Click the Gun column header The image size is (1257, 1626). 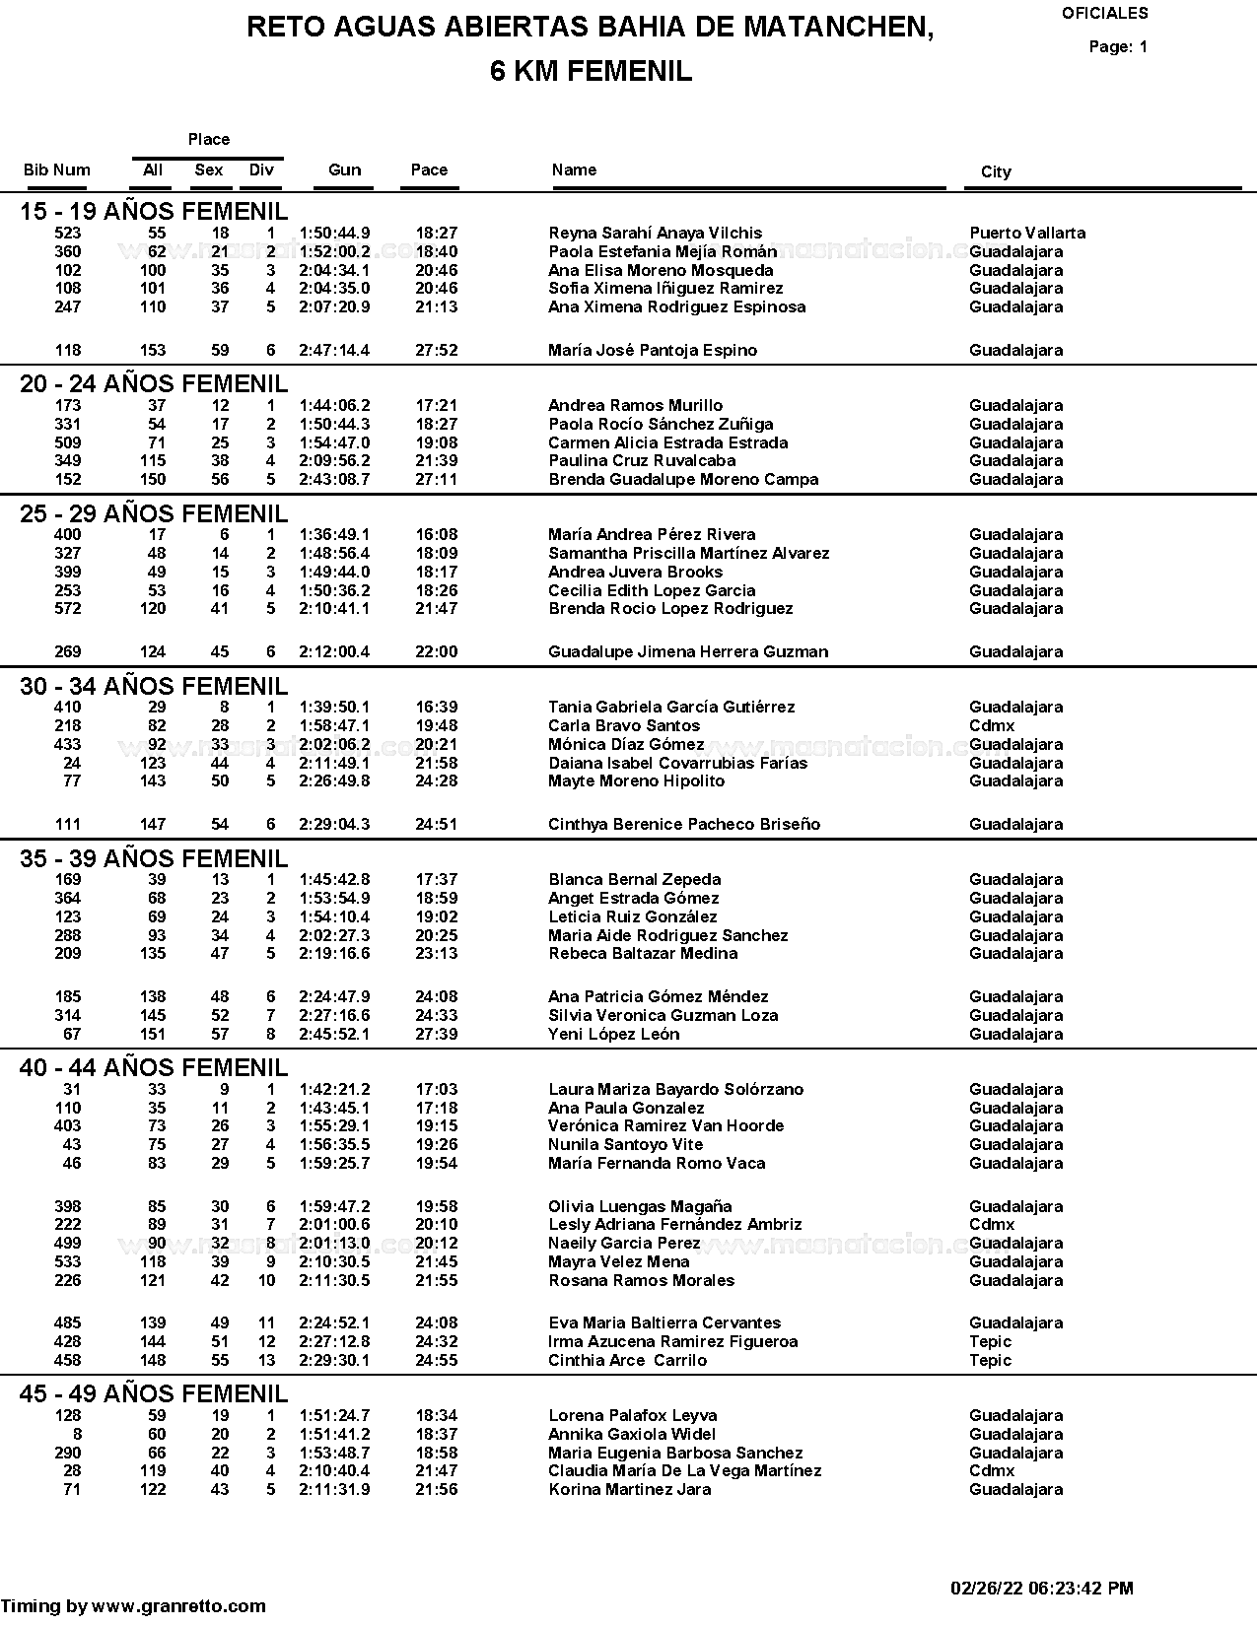344,169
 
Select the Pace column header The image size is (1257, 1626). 429,169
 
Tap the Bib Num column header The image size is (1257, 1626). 57,169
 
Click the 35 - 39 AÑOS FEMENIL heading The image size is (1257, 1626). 154,858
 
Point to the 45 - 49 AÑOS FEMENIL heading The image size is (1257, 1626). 154,1393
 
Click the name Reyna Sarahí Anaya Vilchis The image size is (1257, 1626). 655,234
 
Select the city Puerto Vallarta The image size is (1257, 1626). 1027,234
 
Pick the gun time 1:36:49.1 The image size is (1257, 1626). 334,535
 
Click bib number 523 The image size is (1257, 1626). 68,234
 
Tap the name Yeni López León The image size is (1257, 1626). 613,1034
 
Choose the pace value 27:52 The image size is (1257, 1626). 437,350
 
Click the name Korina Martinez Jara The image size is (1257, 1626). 629,1489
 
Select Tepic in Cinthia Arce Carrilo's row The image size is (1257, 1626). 990,1360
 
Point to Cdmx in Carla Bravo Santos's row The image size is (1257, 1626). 991,725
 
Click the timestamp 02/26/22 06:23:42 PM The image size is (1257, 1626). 1041,1589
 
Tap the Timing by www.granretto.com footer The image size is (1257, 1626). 133,1606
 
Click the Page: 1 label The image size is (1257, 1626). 1118,46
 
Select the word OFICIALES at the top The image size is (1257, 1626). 1104,14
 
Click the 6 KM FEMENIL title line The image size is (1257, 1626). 591,71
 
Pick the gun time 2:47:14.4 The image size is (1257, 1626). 334,350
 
